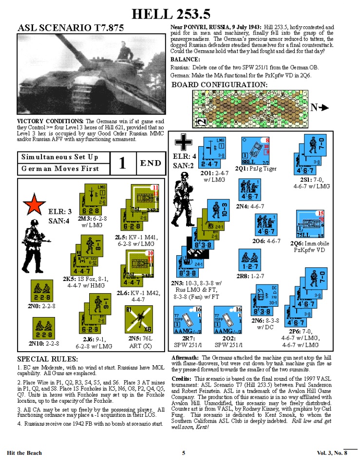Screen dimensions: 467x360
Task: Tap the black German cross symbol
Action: point(184,143)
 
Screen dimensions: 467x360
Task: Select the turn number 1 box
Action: point(123,163)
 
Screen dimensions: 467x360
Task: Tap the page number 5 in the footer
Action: point(184,453)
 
